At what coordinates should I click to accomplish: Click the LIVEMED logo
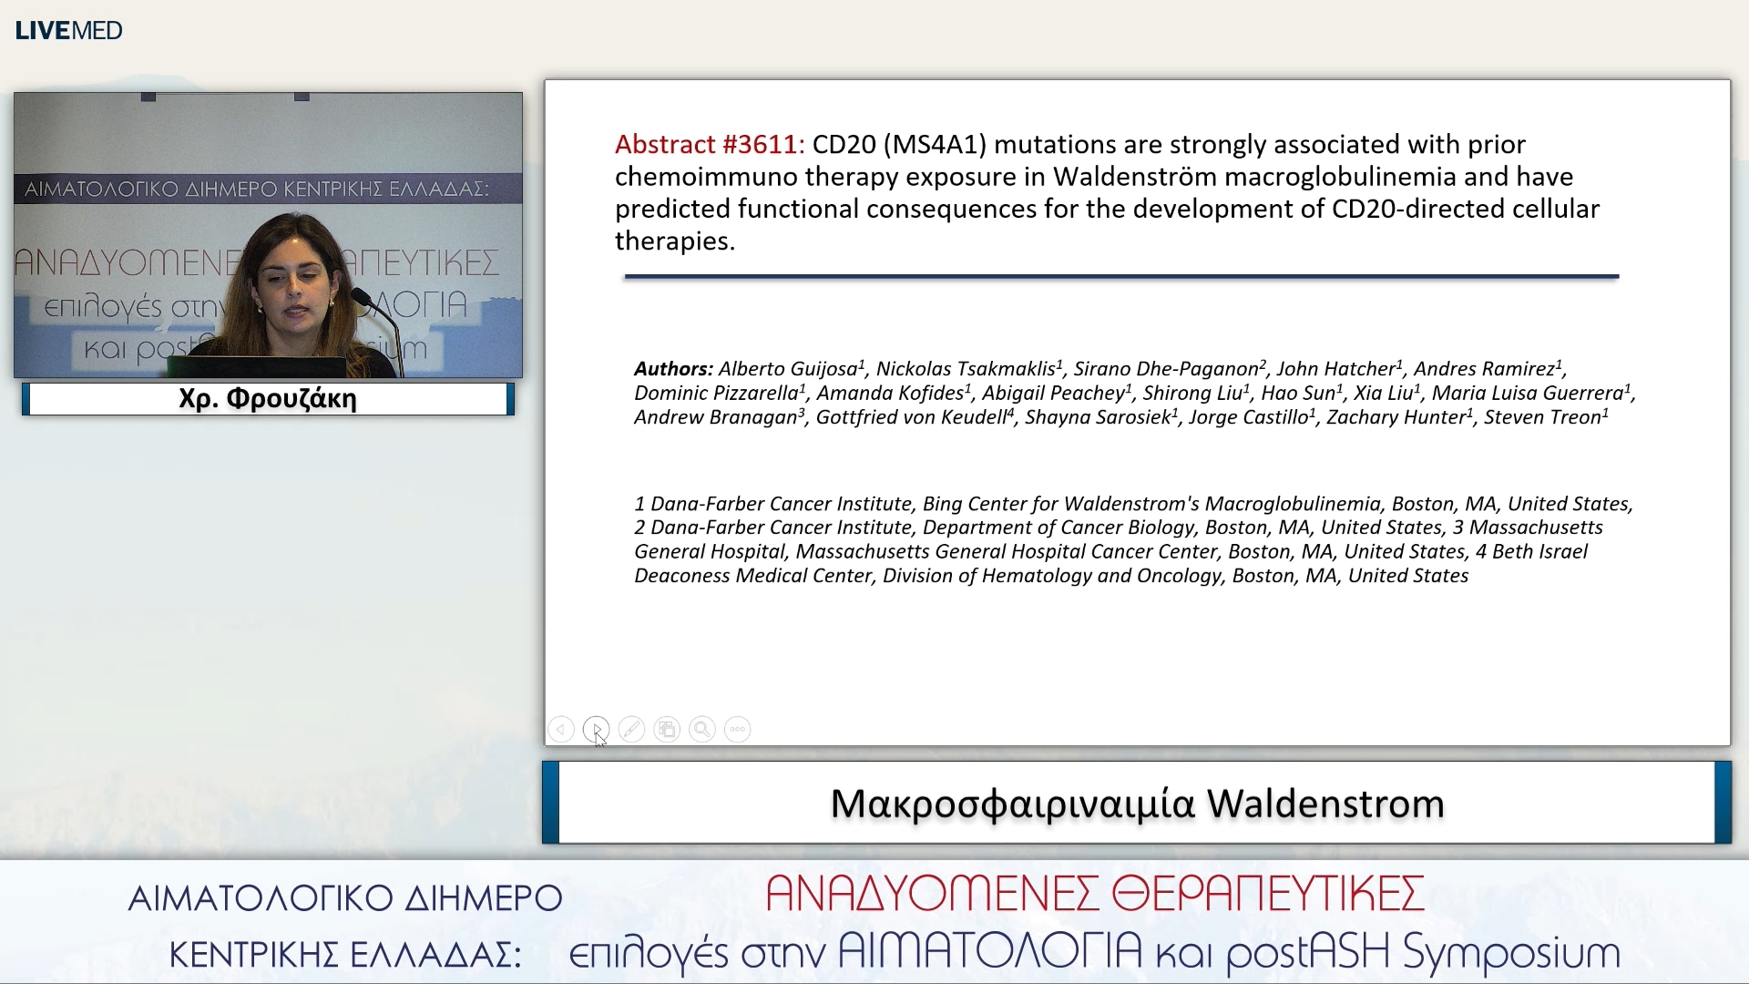(x=68, y=30)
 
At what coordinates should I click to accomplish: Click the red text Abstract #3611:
(x=709, y=145)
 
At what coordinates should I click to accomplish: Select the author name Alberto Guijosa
(x=787, y=369)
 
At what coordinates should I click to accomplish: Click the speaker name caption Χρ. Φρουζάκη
(x=268, y=399)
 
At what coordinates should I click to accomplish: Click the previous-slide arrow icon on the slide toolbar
(x=561, y=730)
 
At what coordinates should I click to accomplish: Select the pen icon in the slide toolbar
(x=631, y=730)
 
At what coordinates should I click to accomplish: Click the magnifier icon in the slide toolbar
(x=701, y=730)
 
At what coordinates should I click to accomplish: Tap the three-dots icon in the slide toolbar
(x=737, y=730)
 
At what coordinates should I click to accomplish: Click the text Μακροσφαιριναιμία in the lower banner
(x=1012, y=804)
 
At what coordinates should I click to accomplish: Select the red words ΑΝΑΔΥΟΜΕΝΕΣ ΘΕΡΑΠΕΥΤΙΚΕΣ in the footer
(x=1094, y=895)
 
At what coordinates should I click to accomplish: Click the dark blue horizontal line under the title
(x=1120, y=276)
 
